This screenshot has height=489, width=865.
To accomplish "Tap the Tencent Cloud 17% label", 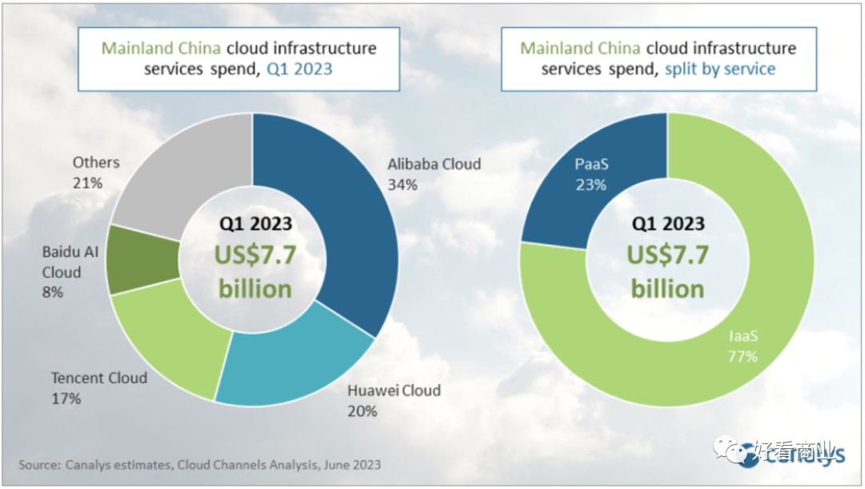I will pyautogui.click(x=99, y=387).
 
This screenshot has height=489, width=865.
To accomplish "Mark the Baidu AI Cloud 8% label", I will pyautogui.click(x=70, y=272).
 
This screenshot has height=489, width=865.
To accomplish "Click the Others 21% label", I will pyautogui.click(x=95, y=172).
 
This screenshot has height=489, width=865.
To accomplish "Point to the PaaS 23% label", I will pyautogui.click(x=590, y=174).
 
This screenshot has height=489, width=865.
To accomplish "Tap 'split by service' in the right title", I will pyautogui.click(x=720, y=69).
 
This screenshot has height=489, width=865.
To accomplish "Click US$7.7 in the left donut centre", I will pyautogui.click(x=255, y=255).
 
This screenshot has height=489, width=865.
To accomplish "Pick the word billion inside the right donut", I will pyautogui.click(x=667, y=289).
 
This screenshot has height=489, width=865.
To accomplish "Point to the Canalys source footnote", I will pyautogui.click(x=200, y=464).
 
